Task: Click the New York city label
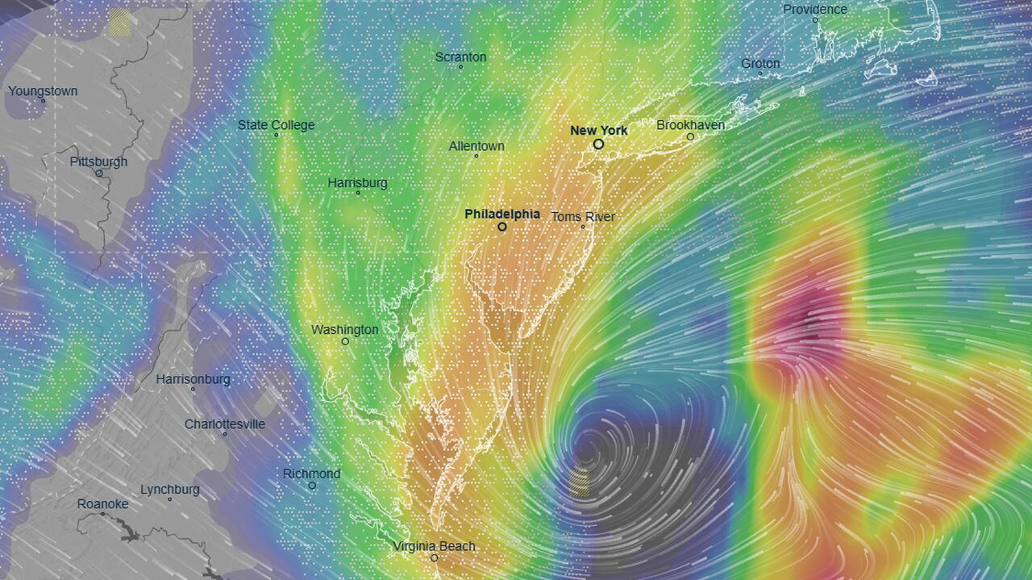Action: [598, 130]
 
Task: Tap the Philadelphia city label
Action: [501, 214]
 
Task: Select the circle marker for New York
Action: [598, 144]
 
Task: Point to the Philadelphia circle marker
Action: [501, 227]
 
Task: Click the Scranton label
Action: [460, 56]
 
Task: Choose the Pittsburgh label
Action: [98, 161]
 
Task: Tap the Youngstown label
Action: [43, 91]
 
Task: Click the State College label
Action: [276, 125]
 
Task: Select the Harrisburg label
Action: [357, 183]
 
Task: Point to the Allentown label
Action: [476, 146]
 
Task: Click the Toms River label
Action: [582, 216]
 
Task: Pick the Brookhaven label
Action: [690, 125]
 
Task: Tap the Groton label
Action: [760, 63]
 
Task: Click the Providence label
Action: [815, 9]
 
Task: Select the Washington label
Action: [344, 329]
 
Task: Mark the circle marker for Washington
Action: [345, 341]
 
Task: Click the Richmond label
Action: [311, 474]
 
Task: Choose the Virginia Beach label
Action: [434, 546]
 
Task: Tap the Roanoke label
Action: [102, 504]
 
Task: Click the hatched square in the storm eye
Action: [580, 482]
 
